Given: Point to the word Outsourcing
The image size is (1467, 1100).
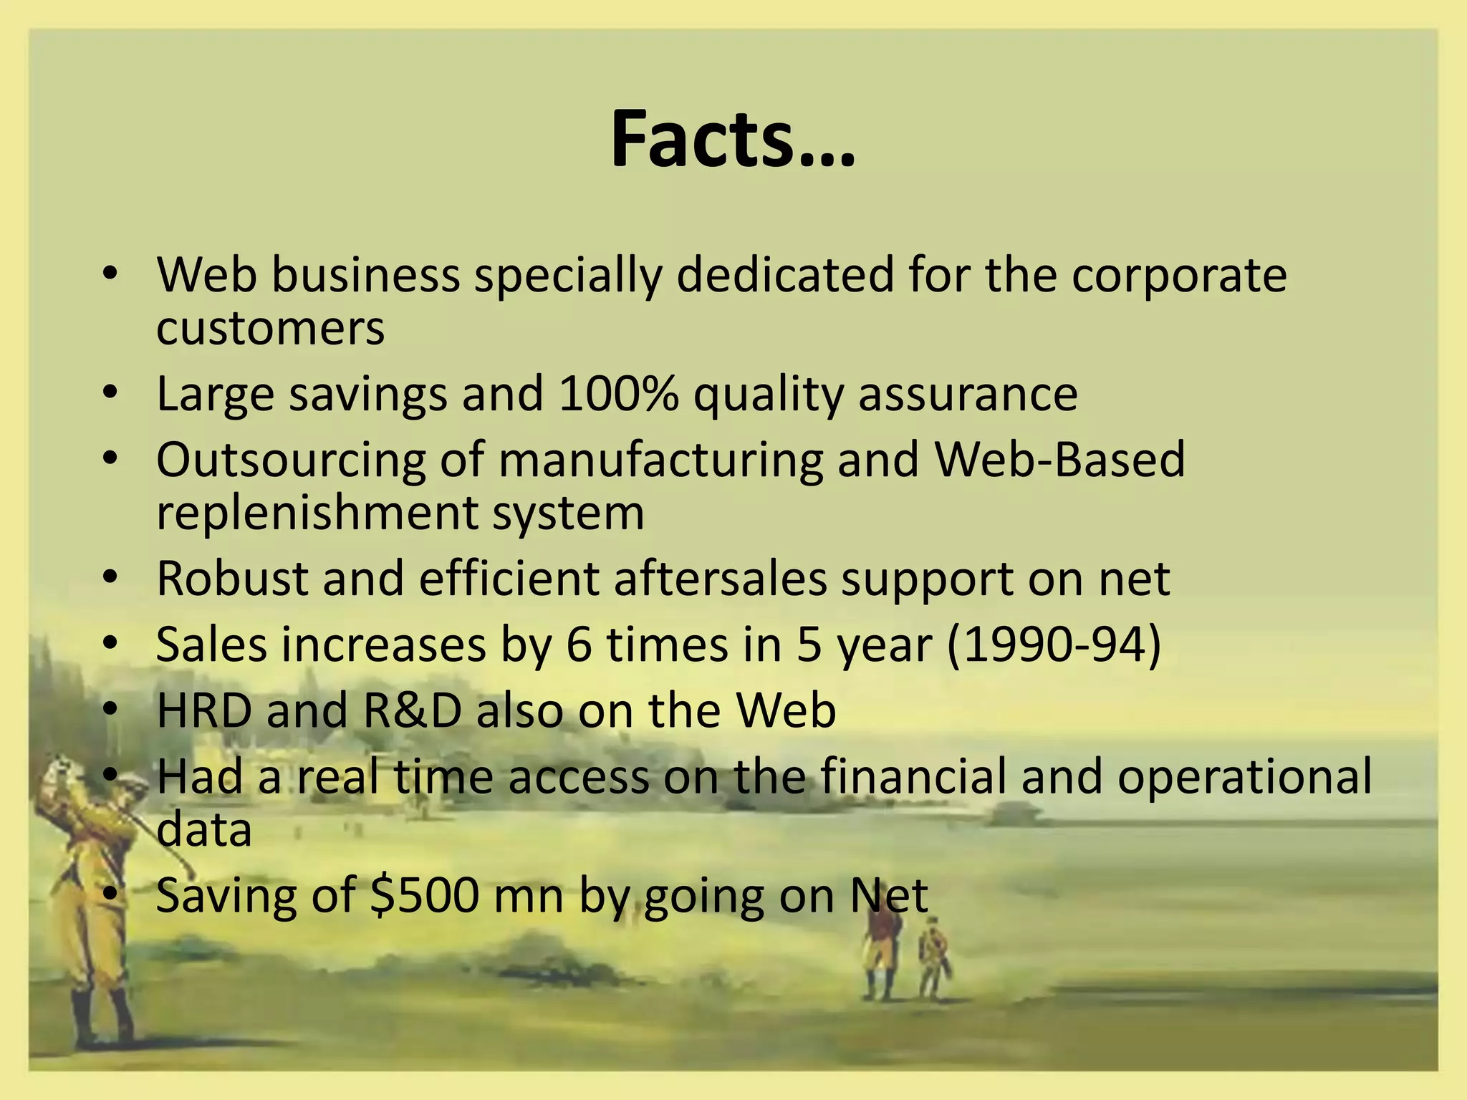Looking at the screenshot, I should click(x=291, y=460).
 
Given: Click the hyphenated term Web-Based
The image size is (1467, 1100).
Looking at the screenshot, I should click(x=1060, y=460).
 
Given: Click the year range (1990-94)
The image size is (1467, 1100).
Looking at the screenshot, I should click(x=1054, y=645).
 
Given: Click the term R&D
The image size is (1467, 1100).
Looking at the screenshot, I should click(x=412, y=710).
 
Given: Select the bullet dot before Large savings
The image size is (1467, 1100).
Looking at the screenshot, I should click(x=109, y=394).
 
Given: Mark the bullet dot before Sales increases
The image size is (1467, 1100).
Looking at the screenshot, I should click(x=109, y=645).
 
